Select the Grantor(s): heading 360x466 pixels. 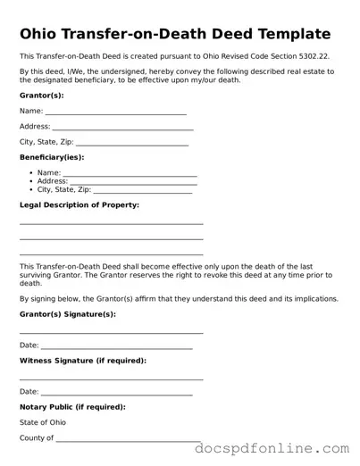point(41,95)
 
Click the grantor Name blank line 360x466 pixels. point(115,112)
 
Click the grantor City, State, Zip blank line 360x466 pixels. point(131,144)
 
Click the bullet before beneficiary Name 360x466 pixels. point(31,173)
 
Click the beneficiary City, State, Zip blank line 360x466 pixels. point(142,191)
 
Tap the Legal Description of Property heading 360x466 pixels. point(80,205)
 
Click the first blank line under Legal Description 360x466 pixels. point(111,223)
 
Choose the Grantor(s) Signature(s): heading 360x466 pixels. point(67,314)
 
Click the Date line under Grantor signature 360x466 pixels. point(116,346)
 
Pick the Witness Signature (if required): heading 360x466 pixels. point(83,361)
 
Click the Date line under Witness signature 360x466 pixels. point(116,393)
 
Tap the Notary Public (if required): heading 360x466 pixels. point(72,407)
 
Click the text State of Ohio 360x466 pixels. point(42,422)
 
